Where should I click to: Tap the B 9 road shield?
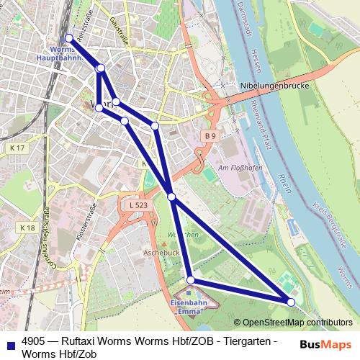click(x=210, y=135)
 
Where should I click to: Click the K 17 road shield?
click(x=17, y=148)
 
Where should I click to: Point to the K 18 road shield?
click(x=27, y=228)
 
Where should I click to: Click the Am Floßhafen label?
click(x=238, y=167)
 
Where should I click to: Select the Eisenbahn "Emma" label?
click(x=189, y=307)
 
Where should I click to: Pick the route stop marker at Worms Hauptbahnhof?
click(x=68, y=38)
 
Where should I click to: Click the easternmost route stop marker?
click(x=291, y=302)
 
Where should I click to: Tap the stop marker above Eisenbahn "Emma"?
click(x=191, y=280)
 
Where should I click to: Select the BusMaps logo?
click(x=325, y=344)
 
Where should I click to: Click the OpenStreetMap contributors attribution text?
click(x=297, y=323)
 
